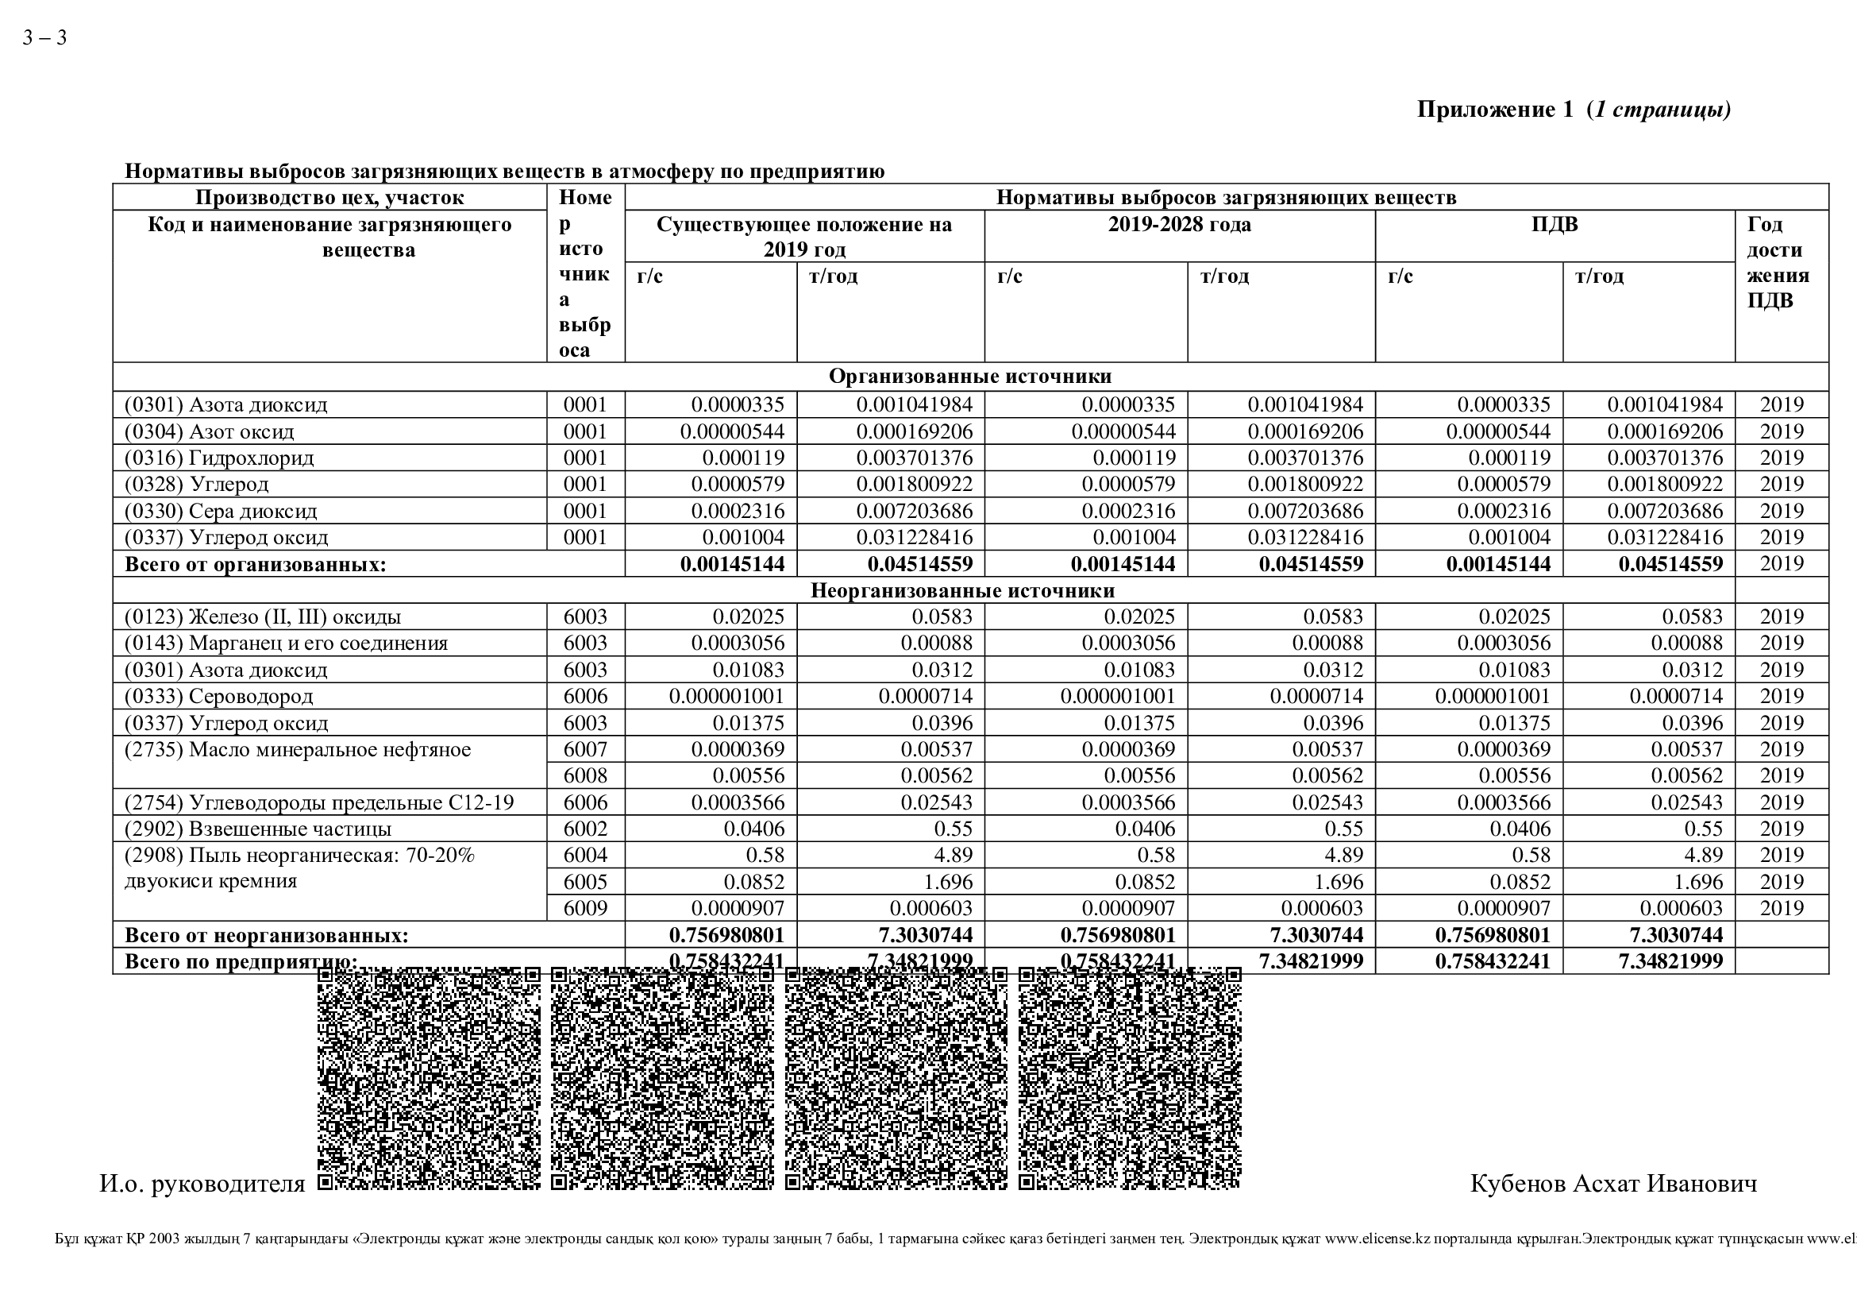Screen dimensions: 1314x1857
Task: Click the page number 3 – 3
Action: (x=44, y=38)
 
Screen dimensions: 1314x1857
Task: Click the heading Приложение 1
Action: (x=1496, y=110)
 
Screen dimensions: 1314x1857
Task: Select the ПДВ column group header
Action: (x=1554, y=225)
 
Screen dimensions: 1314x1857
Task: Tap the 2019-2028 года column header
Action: (x=1178, y=225)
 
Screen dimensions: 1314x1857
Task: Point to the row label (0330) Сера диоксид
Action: (x=221, y=512)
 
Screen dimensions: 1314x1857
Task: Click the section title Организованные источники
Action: (x=969, y=377)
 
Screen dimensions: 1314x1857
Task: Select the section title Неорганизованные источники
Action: (x=962, y=590)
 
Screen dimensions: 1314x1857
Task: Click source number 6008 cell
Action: (x=585, y=776)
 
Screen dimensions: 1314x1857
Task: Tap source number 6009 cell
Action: (x=585, y=909)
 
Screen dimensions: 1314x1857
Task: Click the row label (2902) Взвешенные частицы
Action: (x=258, y=829)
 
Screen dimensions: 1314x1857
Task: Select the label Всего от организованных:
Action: (x=256, y=565)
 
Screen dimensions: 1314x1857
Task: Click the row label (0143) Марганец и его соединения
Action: (x=287, y=643)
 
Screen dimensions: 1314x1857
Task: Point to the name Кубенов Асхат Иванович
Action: (x=1612, y=1184)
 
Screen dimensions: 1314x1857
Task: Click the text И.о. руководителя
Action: (x=202, y=1184)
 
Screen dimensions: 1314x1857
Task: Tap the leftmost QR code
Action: (x=428, y=1079)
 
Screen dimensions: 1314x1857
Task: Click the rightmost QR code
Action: (x=1129, y=1079)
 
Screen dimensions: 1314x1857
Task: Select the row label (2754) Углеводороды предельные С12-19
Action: (x=318, y=802)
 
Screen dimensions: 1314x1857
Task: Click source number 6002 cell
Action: (x=585, y=829)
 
